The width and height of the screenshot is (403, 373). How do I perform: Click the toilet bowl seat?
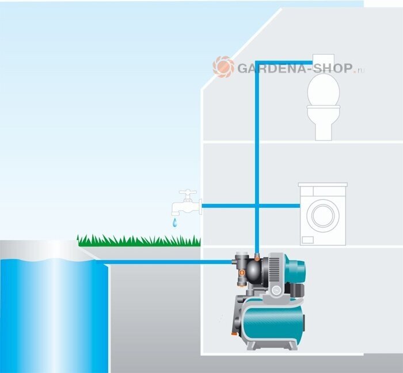pyautogui.click(x=325, y=92)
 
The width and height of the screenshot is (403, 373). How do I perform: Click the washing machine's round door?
pyautogui.click(x=322, y=215)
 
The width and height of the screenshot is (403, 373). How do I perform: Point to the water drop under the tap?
pyautogui.click(x=173, y=222)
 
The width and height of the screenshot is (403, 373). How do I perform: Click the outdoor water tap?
pyautogui.click(x=187, y=204)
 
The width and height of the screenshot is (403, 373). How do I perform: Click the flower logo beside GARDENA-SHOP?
pyautogui.click(x=223, y=67)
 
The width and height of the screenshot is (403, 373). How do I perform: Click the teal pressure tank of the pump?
pyautogui.click(x=274, y=323)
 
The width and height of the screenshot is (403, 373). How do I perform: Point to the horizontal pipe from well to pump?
pyautogui.click(x=167, y=262)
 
